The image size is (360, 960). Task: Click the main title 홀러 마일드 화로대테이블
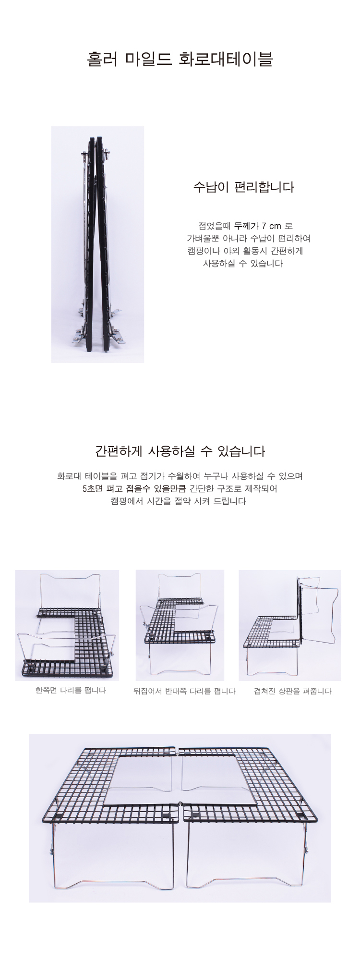(180, 59)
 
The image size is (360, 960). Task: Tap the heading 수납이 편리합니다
(243, 187)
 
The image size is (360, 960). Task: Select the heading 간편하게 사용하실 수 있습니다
(180, 451)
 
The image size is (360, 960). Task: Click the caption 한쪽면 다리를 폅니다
(71, 690)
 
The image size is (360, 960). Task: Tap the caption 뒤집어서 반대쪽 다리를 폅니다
(184, 691)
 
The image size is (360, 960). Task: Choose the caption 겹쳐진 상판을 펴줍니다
(292, 691)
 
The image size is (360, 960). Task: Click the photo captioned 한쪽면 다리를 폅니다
(67, 625)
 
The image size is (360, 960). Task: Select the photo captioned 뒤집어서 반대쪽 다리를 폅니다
(180, 625)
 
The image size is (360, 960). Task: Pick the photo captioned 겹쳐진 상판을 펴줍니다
(290, 625)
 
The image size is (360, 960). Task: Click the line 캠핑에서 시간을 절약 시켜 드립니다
(178, 501)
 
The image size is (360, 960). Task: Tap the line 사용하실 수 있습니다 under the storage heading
(243, 263)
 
